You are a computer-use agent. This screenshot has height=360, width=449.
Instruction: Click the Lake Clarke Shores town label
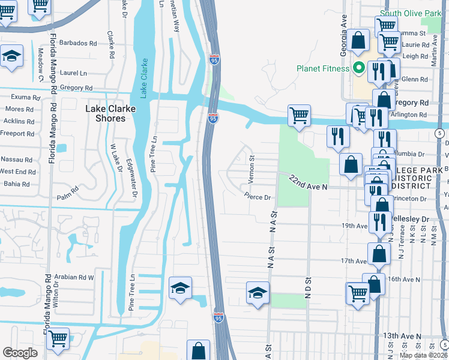click(x=106, y=113)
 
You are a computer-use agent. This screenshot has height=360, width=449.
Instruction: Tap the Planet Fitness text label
click(x=323, y=68)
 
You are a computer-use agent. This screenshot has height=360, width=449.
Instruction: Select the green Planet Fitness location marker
click(x=359, y=68)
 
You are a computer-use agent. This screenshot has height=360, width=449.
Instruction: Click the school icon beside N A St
click(x=258, y=293)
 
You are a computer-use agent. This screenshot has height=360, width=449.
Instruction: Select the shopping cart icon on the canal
click(x=299, y=115)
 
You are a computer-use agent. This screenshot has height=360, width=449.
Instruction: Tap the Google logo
click(x=20, y=353)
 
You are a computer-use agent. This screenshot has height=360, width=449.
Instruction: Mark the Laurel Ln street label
click(x=74, y=73)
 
